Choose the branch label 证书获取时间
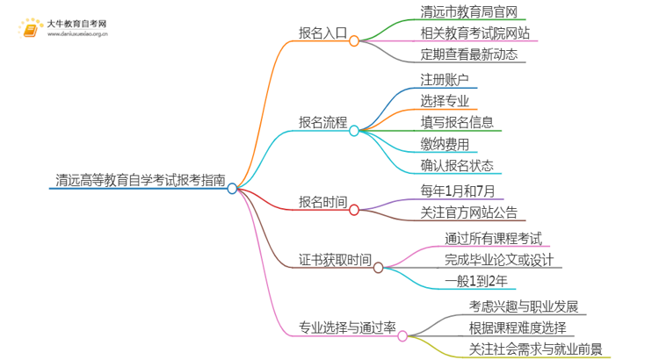(x=336, y=260)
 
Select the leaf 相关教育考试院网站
(x=475, y=33)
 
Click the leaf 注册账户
(x=445, y=79)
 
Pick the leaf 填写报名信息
(x=457, y=122)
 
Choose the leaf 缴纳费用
(x=445, y=144)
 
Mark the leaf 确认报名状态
(x=457, y=165)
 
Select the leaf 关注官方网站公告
(x=469, y=212)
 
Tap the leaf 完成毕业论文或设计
(x=499, y=259)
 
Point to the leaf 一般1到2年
(x=475, y=281)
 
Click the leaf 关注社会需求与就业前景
(x=535, y=349)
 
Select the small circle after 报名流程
(x=354, y=131)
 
